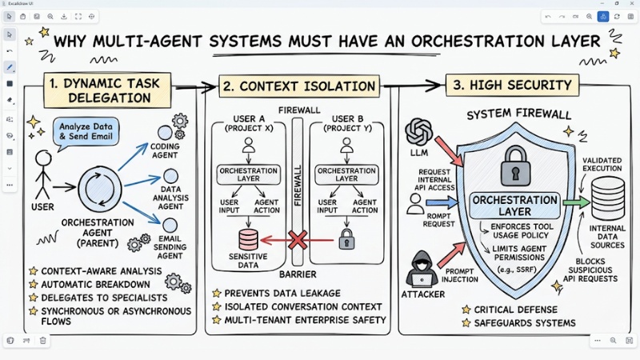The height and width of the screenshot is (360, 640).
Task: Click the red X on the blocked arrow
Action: [298, 238]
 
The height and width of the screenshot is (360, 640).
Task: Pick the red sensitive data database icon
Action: [249, 238]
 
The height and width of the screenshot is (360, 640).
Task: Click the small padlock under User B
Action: [346, 238]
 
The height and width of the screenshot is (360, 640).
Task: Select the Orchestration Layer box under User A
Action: [249, 174]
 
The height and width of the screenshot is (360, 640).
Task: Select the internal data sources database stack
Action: [607, 196]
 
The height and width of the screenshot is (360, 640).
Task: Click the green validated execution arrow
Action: [574, 202]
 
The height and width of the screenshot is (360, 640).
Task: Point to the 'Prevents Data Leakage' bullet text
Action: [276, 293]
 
